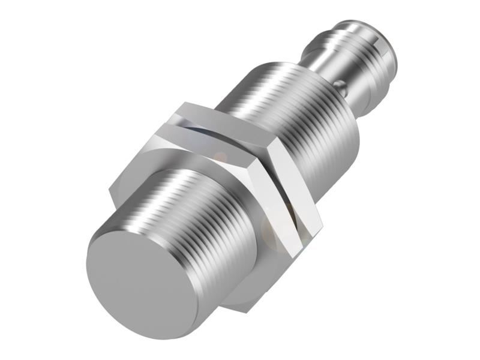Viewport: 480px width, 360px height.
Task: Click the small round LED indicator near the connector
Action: (x=343, y=88)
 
